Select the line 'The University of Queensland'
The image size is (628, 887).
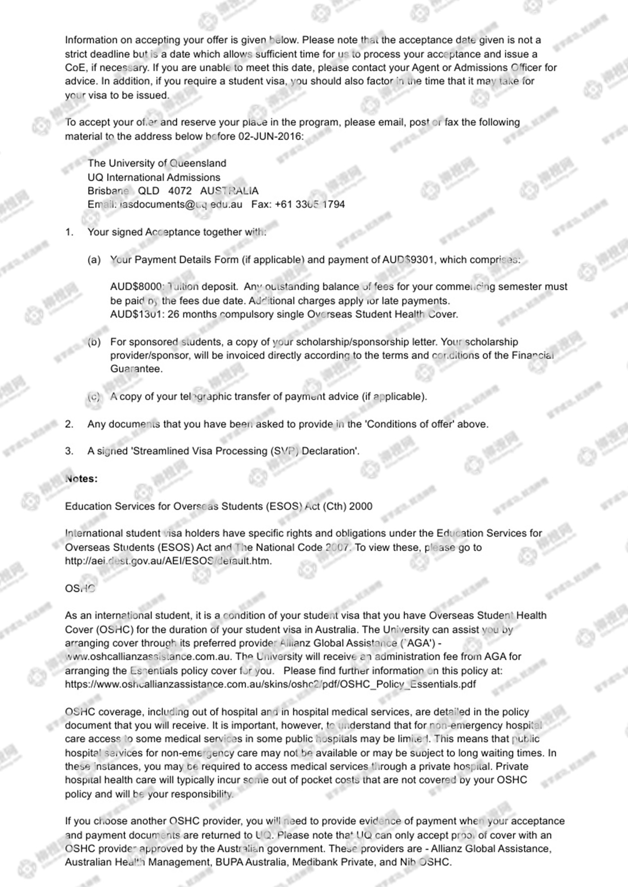click(157, 163)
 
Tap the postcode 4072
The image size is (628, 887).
click(180, 191)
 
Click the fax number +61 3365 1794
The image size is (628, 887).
click(310, 204)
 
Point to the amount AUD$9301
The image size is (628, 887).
click(408, 260)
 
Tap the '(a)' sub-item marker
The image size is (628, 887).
click(94, 260)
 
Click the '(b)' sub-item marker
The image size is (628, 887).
click(94, 342)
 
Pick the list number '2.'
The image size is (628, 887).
click(69, 424)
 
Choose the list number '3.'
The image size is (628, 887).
click(69, 451)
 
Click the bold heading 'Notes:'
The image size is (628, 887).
click(81, 479)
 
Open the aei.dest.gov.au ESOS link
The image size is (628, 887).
click(168, 561)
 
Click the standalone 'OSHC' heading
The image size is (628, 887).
click(80, 588)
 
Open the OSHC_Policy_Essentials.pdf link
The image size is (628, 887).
click(270, 684)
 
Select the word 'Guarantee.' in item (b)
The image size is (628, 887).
click(136, 369)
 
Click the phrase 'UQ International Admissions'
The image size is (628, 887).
click(154, 177)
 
